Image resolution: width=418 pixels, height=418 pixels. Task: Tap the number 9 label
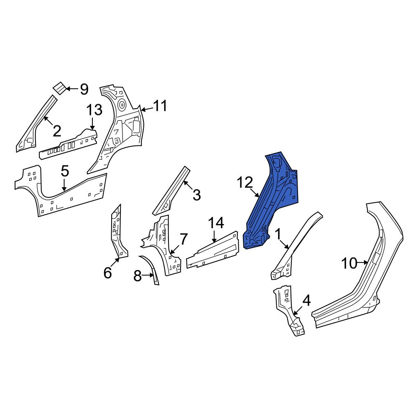[84, 89]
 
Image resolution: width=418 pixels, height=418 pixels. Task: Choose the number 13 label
[94, 110]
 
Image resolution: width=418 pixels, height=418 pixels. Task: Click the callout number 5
[64, 171]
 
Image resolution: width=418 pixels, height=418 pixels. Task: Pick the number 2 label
[57, 131]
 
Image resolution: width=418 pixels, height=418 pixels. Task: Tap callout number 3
[196, 194]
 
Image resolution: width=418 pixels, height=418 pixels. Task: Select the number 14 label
[217, 223]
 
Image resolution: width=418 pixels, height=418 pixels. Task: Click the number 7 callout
[184, 239]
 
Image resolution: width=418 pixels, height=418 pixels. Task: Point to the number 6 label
[107, 273]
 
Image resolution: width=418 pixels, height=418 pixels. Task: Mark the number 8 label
[138, 276]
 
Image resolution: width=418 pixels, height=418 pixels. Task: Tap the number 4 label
[306, 300]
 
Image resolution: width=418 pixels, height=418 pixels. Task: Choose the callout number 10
[349, 263]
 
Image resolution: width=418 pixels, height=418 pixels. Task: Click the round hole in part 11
[122, 103]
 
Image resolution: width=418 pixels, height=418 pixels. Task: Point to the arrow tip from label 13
[93, 128]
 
